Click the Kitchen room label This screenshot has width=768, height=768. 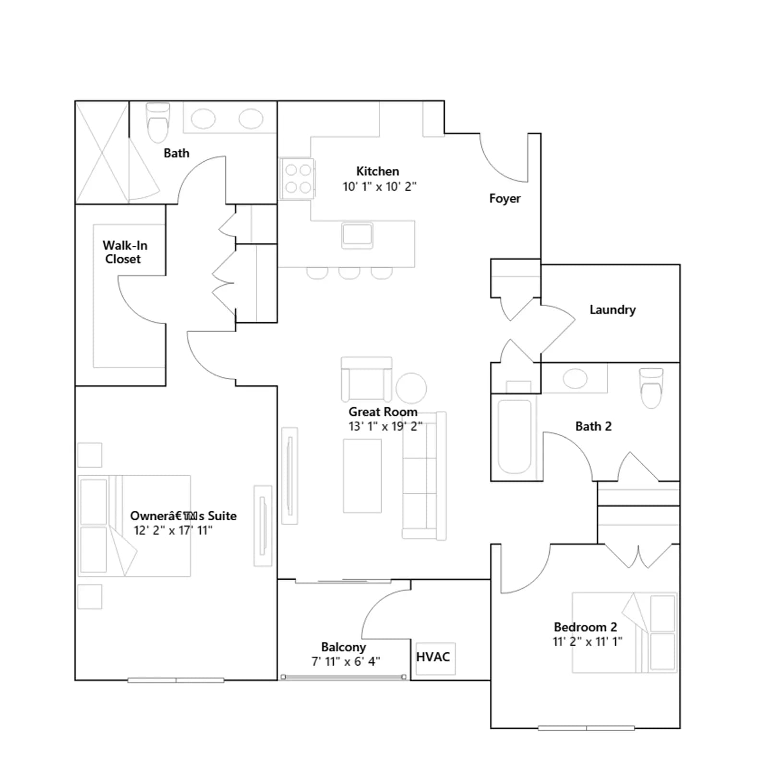(377, 171)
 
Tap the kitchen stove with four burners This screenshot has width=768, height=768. (298, 179)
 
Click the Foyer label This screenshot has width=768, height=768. (504, 199)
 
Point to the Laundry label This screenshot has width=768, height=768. (612, 310)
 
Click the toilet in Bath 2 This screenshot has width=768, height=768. (651, 388)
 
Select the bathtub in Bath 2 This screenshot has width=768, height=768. (515, 436)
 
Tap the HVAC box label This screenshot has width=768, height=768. (433, 657)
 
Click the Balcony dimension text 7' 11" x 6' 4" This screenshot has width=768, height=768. (346, 661)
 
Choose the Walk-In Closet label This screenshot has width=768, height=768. (124, 252)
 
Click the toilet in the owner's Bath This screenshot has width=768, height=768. (158, 122)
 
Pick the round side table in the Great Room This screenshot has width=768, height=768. (411, 388)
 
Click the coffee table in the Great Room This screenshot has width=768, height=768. (362, 476)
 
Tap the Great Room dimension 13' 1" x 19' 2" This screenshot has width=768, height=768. (385, 426)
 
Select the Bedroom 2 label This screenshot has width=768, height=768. (585, 627)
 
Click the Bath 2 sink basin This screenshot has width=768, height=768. (575, 379)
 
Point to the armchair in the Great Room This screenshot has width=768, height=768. (366, 379)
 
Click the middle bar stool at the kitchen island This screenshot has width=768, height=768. (349, 273)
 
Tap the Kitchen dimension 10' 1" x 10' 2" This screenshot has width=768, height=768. (379, 186)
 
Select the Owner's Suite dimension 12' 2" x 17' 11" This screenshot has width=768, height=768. (173, 530)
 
